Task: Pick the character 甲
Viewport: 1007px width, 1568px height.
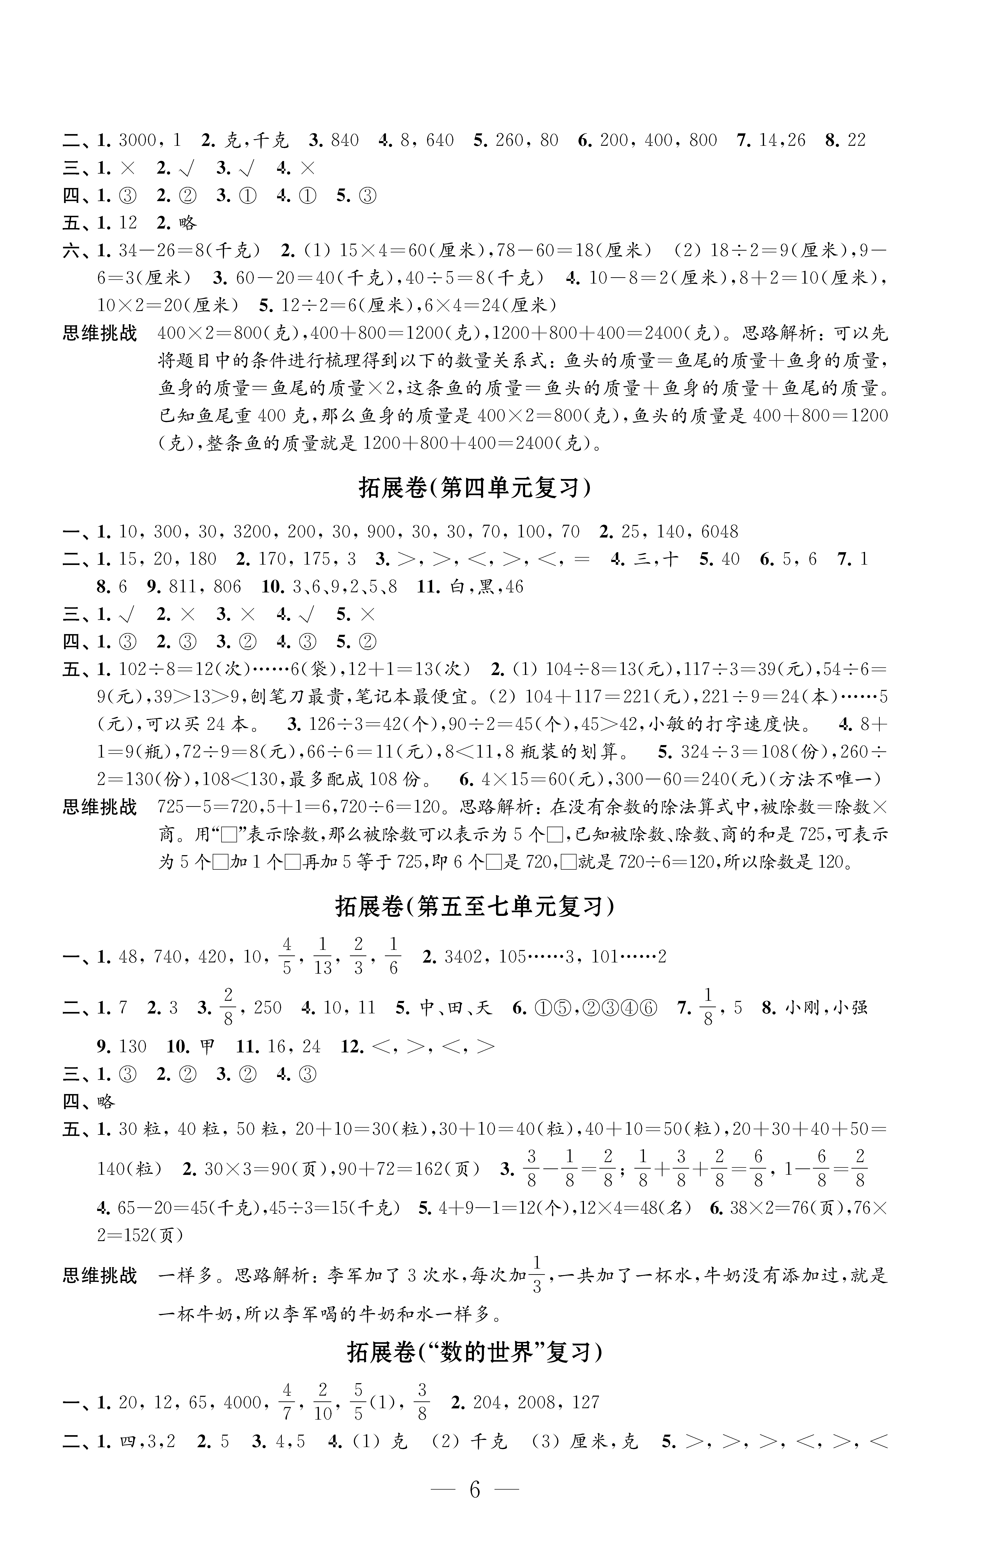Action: [x=207, y=1047]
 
